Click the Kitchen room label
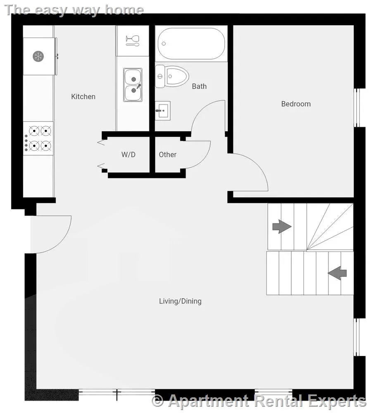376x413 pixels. point(83,97)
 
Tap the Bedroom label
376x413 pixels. point(296,104)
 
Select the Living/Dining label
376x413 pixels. point(180,301)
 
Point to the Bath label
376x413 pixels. point(199,86)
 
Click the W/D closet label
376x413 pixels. point(129,154)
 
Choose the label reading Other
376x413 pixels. point(168,154)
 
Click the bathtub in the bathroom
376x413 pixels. point(191,44)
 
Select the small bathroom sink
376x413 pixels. point(162,111)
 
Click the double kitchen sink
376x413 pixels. point(133,85)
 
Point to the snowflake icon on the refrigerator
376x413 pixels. point(38,56)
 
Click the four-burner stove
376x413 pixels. point(38,138)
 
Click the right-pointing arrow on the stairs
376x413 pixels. point(282,226)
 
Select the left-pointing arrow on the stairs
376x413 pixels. point(337,273)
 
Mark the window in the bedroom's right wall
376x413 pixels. point(357,108)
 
